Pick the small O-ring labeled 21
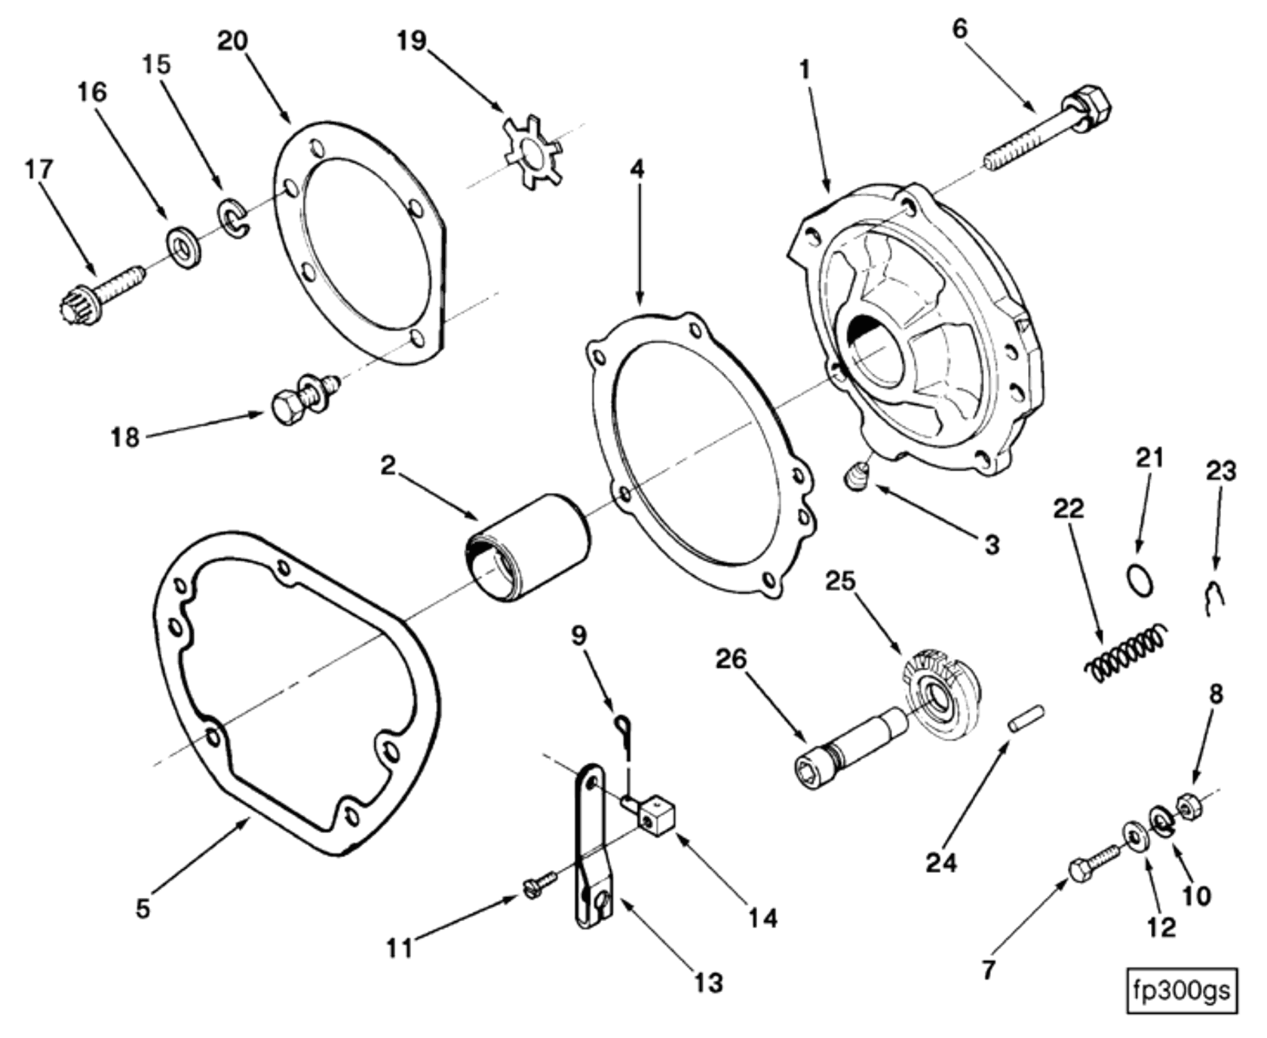1140,581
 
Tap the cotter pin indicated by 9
624,733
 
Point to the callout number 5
143,908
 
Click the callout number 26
731,659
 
